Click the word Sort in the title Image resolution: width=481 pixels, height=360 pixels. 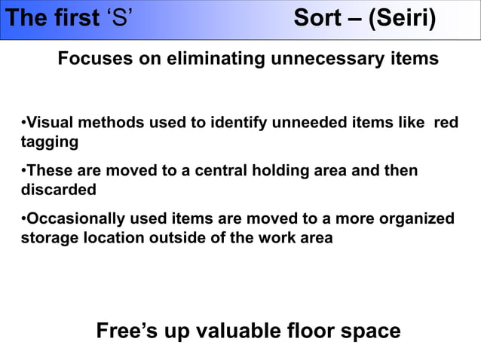point(317,18)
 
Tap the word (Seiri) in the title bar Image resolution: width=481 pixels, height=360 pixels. point(402,18)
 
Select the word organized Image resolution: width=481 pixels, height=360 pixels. point(415,219)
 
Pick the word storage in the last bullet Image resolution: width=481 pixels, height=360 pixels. point(47,238)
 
